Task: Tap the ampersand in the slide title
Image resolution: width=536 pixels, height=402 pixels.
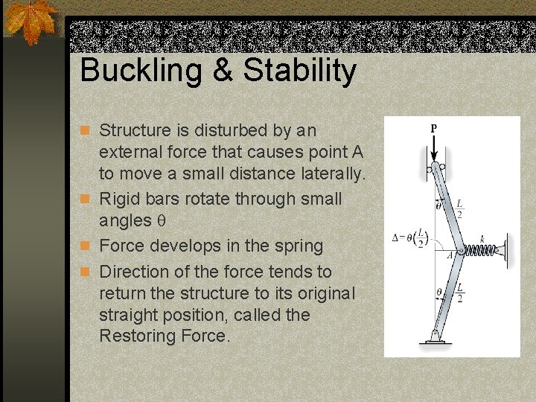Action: click(x=225, y=71)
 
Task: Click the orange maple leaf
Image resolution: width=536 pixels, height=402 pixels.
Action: click(x=32, y=21)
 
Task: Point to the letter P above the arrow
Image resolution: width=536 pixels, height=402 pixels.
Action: click(x=433, y=127)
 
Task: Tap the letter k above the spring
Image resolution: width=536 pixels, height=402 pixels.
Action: click(x=482, y=237)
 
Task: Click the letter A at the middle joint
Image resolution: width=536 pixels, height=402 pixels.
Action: click(x=449, y=255)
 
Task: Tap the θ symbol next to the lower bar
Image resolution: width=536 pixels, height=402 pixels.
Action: click(x=438, y=293)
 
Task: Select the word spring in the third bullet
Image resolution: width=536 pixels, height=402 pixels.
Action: click(x=296, y=246)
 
